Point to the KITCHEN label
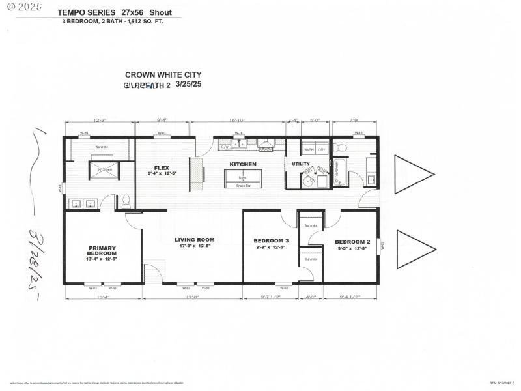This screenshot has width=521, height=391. pos(243,164)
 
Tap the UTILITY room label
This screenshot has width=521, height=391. pos(301,164)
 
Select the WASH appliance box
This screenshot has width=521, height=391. pos(308,150)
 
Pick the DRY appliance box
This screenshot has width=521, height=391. pos(321,150)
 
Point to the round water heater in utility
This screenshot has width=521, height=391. pos(308,181)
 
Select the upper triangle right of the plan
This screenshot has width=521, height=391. pos(412,174)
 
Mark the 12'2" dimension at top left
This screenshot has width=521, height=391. pos(99,121)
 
